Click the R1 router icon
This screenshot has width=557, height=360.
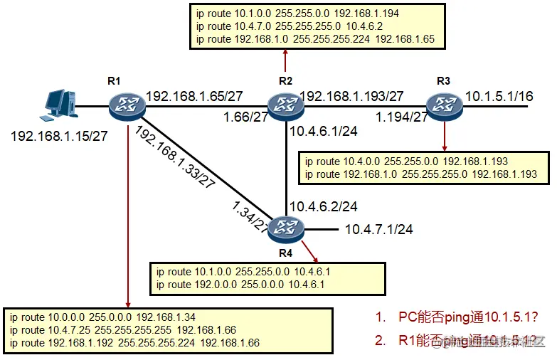click(x=127, y=107)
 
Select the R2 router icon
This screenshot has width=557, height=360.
click(x=285, y=107)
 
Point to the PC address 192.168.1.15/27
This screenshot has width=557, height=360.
click(x=58, y=134)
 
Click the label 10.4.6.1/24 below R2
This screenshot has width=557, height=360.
click(x=324, y=132)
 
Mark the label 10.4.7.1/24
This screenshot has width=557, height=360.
click(x=378, y=230)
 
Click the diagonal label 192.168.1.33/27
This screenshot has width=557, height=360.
click(x=175, y=158)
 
